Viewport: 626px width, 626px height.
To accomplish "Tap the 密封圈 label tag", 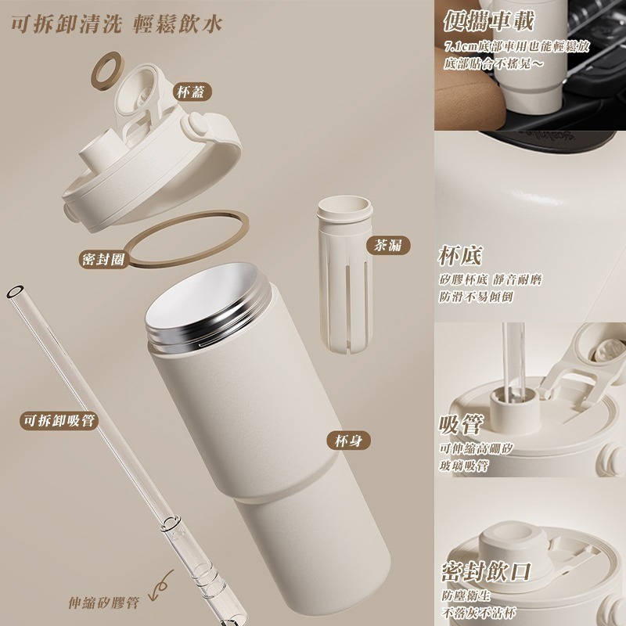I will pos(102,259).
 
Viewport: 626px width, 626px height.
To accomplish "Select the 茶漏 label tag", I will pos(388,245).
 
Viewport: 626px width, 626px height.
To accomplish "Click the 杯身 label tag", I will pos(347,441).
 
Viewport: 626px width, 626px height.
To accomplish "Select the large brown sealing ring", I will pos(185,239).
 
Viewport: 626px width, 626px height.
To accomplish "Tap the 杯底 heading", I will pos(461,256).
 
